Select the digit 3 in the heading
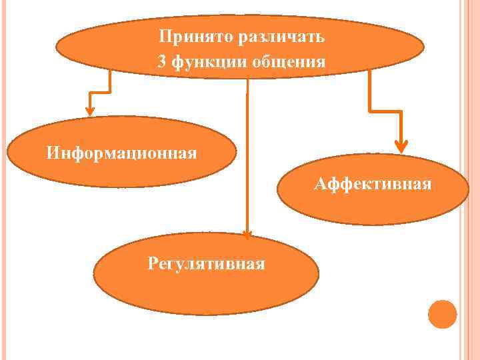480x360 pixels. [162, 63]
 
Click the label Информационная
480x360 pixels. [122, 153]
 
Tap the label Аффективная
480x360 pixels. [373, 183]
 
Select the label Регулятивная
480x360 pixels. [207, 263]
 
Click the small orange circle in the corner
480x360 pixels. [442, 313]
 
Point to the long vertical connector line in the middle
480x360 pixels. [247, 153]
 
